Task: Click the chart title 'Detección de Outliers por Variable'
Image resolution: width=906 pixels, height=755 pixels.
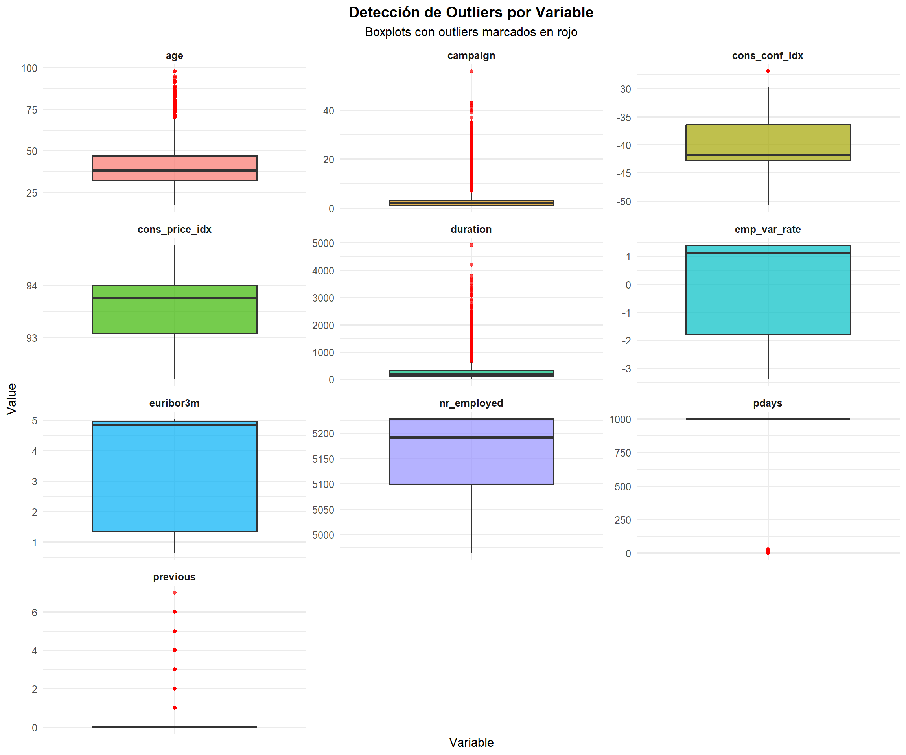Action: pyautogui.click(x=471, y=13)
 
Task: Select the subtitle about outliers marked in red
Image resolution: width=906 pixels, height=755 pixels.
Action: pyautogui.click(x=471, y=32)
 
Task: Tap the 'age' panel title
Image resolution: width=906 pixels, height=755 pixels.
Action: pyautogui.click(x=174, y=56)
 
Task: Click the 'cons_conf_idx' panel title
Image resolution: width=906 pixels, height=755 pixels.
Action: pyautogui.click(x=767, y=56)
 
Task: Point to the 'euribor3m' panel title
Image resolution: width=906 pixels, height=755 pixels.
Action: pyautogui.click(x=174, y=403)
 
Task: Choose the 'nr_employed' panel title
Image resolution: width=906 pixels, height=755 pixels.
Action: pyautogui.click(x=471, y=403)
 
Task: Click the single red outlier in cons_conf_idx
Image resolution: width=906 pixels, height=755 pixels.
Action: pyautogui.click(x=768, y=71)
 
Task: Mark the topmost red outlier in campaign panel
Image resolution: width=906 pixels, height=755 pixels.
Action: pyautogui.click(x=471, y=71)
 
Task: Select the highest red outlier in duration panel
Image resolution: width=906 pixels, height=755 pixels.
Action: pyautogui.click(x=471, y=245)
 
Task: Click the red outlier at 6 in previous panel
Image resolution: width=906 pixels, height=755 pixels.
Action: pyautogui.click(x=175, y=612)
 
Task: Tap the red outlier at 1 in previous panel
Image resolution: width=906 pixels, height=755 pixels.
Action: pyautogui.click(x=175, y=707)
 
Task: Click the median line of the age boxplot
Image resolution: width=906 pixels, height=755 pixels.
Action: pyautogui.click(x=175, y=170)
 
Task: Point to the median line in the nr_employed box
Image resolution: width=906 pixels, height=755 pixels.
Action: pyautogui.click(x=471, y=438)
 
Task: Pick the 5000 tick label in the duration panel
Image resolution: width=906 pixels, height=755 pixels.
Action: pyautogui.click(x=323, y=243)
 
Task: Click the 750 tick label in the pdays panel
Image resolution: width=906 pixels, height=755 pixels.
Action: pyautogui.click(x=622, y=453)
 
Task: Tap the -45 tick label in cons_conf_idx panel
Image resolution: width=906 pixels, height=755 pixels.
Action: pyautogui.click(x=623, y=173)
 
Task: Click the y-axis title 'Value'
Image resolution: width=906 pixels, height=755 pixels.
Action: pyautogui.click(x=12, y=399)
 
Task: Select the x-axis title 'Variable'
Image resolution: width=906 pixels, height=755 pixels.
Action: pyautogui.click(x=471, y=742)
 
